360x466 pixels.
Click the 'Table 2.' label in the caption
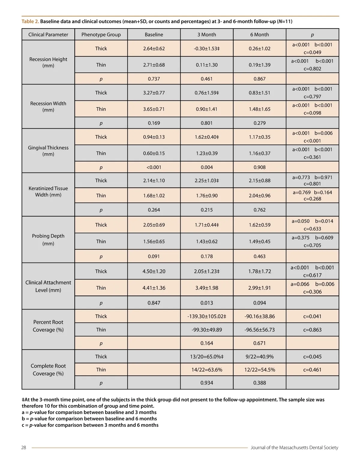[x=30, y=21]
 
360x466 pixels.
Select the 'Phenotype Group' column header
[x=101, y=35]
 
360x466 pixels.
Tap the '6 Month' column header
[x=259, y=35]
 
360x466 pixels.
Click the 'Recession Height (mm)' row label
[x=48, y=62]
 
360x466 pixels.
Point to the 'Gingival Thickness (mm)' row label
[x=48, y=151]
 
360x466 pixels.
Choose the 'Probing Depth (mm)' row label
[x=48, y=239]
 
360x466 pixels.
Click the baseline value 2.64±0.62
[x=154, y=48]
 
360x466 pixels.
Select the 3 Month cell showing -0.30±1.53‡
[x=207, y=48]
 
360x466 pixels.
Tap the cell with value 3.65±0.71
[x=154, y=109]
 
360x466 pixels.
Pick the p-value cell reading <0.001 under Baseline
[x=154, y=167]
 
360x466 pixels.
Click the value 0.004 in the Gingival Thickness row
[x=207, y=167]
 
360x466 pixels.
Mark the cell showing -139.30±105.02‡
[x=207, y=316]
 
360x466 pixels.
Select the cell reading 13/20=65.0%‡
[x=207, y=356]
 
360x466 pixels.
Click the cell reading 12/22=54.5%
[x=259, y=370]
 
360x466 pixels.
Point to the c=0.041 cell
[x=312, y=316]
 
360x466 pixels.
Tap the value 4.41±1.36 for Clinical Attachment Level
[x=154, y=288]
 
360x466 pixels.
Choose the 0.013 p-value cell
[x=207, y=303]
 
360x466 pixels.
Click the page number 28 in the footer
[x=24, y=447]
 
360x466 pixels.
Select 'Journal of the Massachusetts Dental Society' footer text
[x=294, y=447]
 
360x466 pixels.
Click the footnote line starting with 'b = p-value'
[x=89, y=419]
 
